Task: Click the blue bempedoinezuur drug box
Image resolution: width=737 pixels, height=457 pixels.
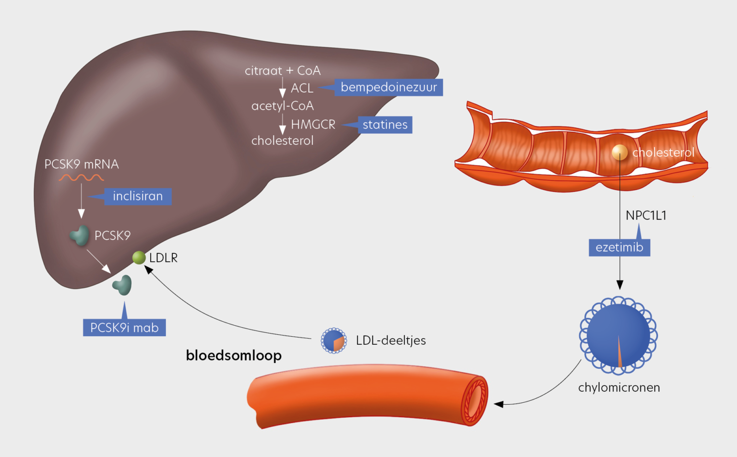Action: point(388,87)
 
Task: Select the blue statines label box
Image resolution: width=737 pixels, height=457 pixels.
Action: point(385,125)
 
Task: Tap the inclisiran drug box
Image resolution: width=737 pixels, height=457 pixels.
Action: point(138,196)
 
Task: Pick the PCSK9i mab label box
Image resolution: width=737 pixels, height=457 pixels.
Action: point(124,328)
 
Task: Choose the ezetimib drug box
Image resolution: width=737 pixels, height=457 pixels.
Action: point(619,247)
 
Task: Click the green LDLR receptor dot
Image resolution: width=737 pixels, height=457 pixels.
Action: point(139,258)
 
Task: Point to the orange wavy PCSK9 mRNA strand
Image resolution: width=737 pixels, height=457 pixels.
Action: point(81,178)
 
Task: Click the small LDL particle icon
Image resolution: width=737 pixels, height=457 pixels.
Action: point(333,340)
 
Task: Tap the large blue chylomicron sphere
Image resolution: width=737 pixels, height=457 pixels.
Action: point(618,335)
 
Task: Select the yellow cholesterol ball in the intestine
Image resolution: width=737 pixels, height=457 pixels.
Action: point(619,152)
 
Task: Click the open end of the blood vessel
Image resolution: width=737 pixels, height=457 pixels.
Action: point(475,400)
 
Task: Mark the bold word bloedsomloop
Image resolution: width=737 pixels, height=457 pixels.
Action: point(234,355)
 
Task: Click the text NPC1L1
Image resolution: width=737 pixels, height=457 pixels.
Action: point(646,215)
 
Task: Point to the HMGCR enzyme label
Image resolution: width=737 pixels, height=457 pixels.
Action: point(313,125)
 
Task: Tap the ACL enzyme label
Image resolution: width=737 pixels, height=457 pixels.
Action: point(302,88)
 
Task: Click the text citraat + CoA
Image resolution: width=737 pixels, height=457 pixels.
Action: point(283,70)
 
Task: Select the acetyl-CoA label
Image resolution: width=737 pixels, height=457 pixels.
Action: point(283,106)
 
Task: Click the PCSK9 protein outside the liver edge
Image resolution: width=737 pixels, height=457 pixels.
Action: point(122,285)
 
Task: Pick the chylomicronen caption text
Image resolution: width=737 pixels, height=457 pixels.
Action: point(619,387)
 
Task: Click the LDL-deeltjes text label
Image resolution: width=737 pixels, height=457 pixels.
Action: point(391,340)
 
